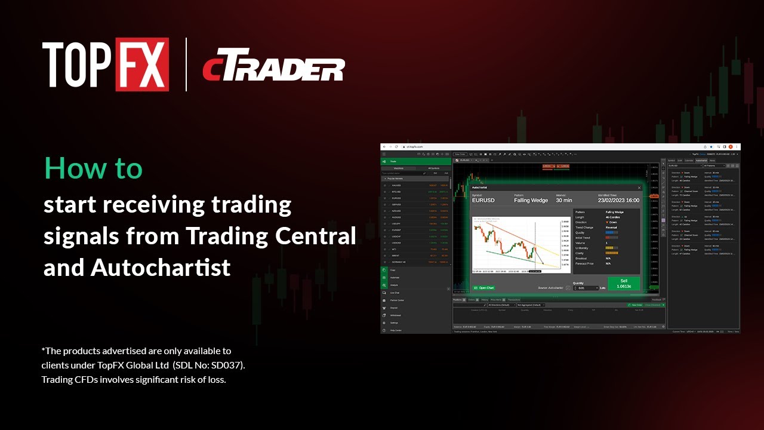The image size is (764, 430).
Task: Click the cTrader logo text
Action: pos(273,69)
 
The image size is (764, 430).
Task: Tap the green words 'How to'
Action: pos(94,169)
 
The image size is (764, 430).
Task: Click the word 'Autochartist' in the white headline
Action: pos(161,268)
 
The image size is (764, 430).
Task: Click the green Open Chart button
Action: pos(484,288)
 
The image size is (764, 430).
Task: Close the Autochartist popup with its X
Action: pos(639,188)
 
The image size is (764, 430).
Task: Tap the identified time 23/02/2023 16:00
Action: pos(618,201)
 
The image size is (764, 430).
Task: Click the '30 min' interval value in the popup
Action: pos(564,201)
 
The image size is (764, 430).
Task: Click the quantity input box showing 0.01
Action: pos(585,288)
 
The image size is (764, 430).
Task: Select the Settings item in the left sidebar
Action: pos(394,323)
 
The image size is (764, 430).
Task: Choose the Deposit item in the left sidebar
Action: pos(394,308)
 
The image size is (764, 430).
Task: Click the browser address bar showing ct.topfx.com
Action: pos(418,147)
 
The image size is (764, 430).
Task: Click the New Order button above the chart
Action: pos(460,154)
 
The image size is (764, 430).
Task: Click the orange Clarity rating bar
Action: pos(612,253)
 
